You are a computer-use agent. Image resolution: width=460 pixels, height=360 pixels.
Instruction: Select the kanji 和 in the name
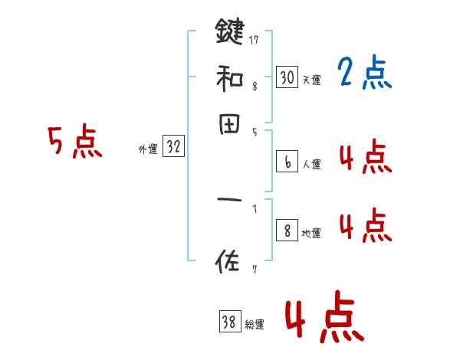coord(229,78)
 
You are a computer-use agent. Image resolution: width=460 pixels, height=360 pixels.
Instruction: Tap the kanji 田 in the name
coord(229,124)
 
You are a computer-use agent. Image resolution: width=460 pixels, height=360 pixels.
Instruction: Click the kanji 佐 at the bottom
coord(229,263)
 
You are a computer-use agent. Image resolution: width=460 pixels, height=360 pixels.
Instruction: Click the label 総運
coord(255,325)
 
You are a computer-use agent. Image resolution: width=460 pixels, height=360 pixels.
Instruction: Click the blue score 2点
coord(365,74)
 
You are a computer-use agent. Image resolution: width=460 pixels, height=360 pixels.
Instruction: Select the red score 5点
coord(75,143)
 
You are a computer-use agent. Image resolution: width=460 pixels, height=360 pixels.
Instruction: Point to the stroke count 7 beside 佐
coord(253,269)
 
